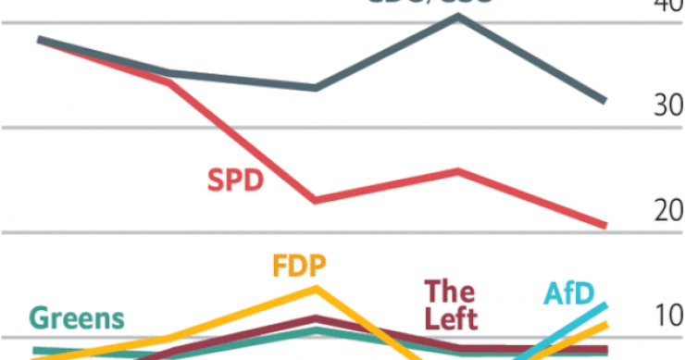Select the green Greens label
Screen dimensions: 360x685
[77, 319]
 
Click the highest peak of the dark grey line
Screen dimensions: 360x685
[458, 16]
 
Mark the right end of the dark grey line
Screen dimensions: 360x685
[605, 100]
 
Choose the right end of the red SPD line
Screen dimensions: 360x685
[605, 225]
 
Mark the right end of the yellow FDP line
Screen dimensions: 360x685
[605, 325]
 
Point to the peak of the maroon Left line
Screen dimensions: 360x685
[316, 319]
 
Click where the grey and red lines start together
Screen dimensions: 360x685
[40, 40]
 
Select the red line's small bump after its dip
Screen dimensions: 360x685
[458, 170]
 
